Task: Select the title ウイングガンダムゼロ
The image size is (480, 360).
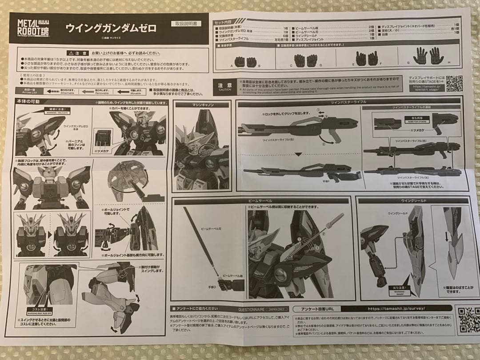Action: coord(111,28)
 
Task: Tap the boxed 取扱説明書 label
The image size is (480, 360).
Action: coord(185,23)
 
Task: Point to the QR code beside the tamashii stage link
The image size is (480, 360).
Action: coord(454,84)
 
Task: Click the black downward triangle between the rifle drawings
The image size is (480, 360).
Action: coord(299,155)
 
